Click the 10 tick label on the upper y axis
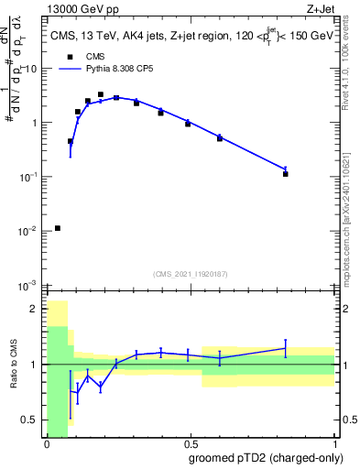[31, 69]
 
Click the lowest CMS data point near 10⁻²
[58, 228]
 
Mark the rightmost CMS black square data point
[286, 173]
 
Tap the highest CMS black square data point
[101, 94]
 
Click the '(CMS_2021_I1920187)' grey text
[191, 273]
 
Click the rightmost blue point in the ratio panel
[286, 348]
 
